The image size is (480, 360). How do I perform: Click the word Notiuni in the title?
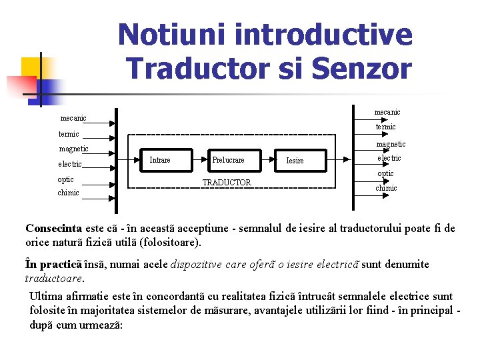tap(167, 34)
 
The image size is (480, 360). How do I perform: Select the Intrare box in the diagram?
tap(160, 160)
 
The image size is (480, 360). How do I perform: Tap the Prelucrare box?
tap(228, 160)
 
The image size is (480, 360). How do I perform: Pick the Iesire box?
tap(295, 161)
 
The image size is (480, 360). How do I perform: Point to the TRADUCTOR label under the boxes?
tap(227, 183)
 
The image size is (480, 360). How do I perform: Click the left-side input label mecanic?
tap(73, 119)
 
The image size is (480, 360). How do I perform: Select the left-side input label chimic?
tap(69, 193)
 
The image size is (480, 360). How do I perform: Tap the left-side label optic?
tap(66, 179)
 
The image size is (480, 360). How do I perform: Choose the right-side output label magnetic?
tap(391, 144)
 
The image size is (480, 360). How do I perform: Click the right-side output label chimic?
tap(386, 188)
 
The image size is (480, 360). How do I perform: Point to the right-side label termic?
tap(385, 127)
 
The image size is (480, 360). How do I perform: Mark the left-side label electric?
tap(70, 164)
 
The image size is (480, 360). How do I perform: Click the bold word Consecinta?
tap(53, 229)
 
